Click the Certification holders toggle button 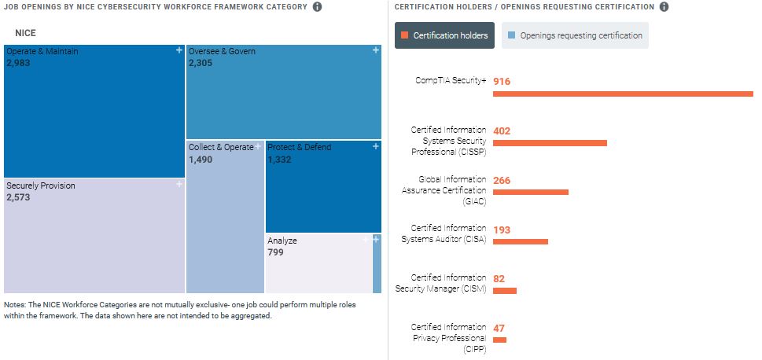click(444, 35)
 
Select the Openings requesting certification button click(575, 35)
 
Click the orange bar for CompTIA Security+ click(623, 94)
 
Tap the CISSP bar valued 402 click(550, 143)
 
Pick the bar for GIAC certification click(530, 192)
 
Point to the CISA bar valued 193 click(520, 241)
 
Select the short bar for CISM click(504, 291)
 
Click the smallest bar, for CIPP click(499, 340)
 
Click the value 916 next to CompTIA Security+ click(502, 81)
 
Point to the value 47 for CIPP click(499, 327)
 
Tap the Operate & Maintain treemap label click(42, 52)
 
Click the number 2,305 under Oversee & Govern click(201, 64)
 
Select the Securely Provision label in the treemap click(41, 186)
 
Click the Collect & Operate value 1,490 click(201, 160)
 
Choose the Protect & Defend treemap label click(300, 147)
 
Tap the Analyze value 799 click(275, 252)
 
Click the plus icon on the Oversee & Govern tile click(376, 51)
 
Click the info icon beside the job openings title click(317, 7)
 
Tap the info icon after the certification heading click(664, 7)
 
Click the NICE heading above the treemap click(26, 33)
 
